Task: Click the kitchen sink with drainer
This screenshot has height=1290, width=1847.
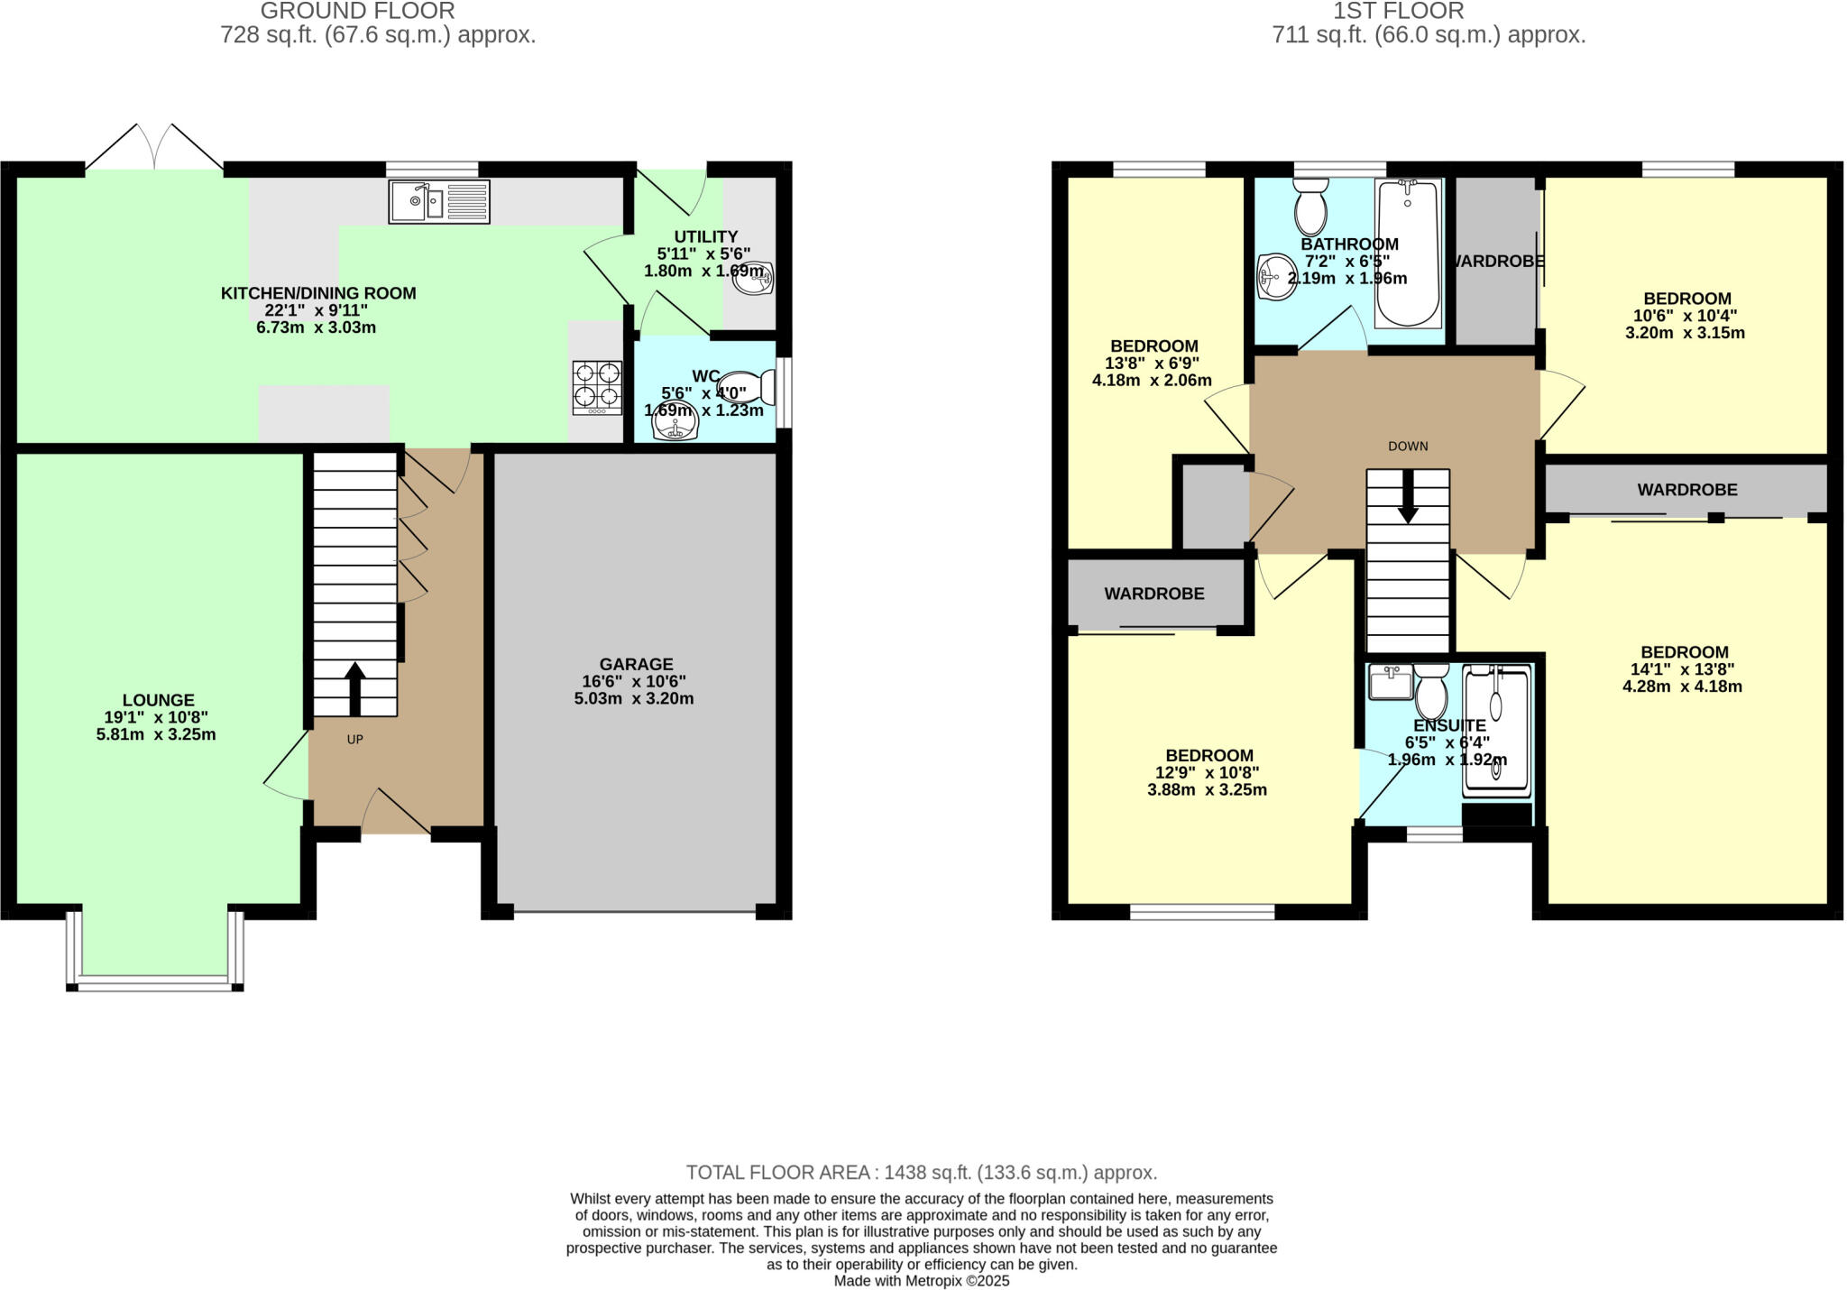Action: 439,201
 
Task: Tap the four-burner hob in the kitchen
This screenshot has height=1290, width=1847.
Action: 597,387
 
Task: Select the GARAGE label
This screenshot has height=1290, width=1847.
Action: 637,665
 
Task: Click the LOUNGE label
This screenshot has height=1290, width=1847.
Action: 159,700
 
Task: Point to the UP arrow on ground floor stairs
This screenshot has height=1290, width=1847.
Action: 355,689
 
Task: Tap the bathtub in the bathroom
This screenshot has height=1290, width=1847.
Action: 1407,253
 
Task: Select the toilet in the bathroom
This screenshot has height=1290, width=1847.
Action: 1309,206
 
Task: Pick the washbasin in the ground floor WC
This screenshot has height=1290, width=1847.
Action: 676,425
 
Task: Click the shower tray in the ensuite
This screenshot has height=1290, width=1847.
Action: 1496,732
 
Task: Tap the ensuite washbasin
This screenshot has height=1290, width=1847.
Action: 1390,682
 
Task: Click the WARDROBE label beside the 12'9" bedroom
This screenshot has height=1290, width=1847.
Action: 1154,594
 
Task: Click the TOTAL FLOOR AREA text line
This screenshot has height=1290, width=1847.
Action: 921,1173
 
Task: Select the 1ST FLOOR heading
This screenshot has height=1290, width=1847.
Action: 1398,11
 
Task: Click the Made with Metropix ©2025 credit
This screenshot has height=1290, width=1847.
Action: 921,1280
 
